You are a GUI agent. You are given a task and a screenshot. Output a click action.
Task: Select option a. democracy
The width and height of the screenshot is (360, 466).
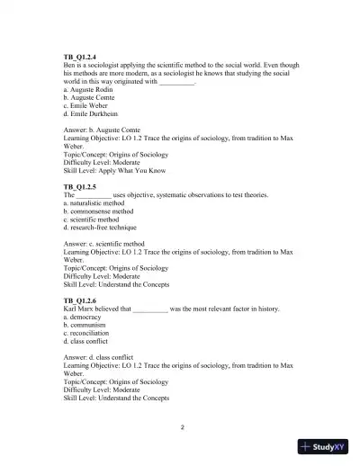pos(86,317)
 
